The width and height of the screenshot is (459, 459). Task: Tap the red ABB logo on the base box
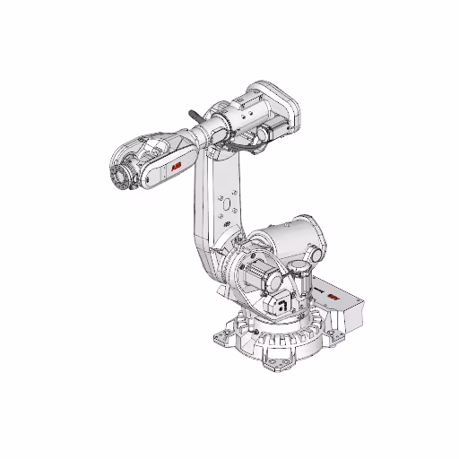(333, 296)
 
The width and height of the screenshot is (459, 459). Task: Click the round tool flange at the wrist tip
(116, 176)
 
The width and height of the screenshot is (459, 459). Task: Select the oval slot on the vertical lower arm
(225, 205)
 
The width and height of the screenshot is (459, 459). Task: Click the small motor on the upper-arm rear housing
(264, 134)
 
